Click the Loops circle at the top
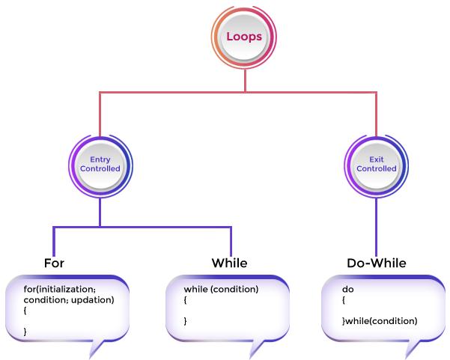pyautogui.click(x=244, y=37)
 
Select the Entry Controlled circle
pyautogui.click(x=100, y=165)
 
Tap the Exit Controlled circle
pyautogui.click(x=376, y=165)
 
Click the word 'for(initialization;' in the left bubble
pyautogui.click(x=60, y=289)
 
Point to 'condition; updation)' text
pyautogui.click(x=69, y=299)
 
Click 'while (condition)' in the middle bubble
pyautogui.click(x=221, y=289)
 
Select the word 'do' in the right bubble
pyautogui.click(x=347, y=289)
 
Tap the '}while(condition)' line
pyautogui.click(x=380, y=321)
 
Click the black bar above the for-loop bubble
pyautogui.click(x=54, y=263)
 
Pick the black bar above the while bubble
pyautogui.click(x=228, y=263)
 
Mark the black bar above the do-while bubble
pyautogui.click(x=377, y=263)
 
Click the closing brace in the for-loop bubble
pyautogui.click(x=25, y=331)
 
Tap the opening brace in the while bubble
pyautogui.click(x=186, y=299)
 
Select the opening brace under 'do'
pyautogui.click(x=344, y=299)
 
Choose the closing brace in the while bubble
pyautogui.click(x=186, y=321)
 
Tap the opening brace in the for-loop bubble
pyautogui.click(x=25, y=310)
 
